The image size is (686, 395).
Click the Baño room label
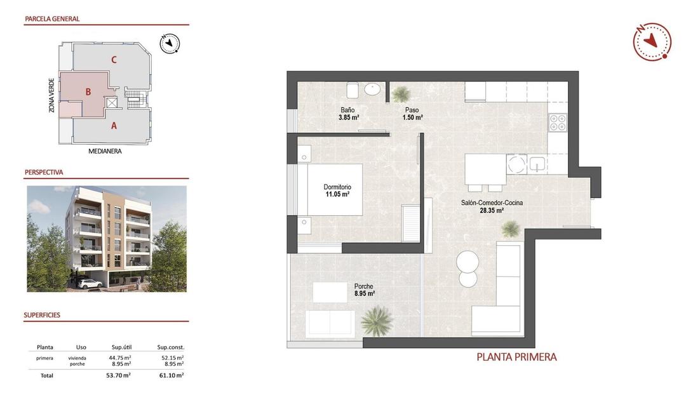coord(347,110)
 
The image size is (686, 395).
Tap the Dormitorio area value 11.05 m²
coord(337,194)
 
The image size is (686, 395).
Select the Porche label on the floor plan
coord(364,286)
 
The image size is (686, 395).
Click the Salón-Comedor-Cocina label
coord(492,203)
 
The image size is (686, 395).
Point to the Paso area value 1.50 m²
coord(414,117)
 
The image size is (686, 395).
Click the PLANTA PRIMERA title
coord(516,357)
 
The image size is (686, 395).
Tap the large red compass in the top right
coord(652,41)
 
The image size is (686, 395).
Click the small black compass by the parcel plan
coord(170,43)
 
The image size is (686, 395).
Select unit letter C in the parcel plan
coord(114,60)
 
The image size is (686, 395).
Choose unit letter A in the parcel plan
coord(114,126)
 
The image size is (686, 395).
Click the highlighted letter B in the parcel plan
coord(88,92)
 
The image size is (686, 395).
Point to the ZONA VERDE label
coord(51,95)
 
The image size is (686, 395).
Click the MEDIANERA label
coord(105,151)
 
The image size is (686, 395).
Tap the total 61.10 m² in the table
coord(171,375)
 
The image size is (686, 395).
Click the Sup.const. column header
coord(171,347)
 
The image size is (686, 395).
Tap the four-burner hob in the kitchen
coord(558,122)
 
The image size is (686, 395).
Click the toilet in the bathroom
coord(353,90)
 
